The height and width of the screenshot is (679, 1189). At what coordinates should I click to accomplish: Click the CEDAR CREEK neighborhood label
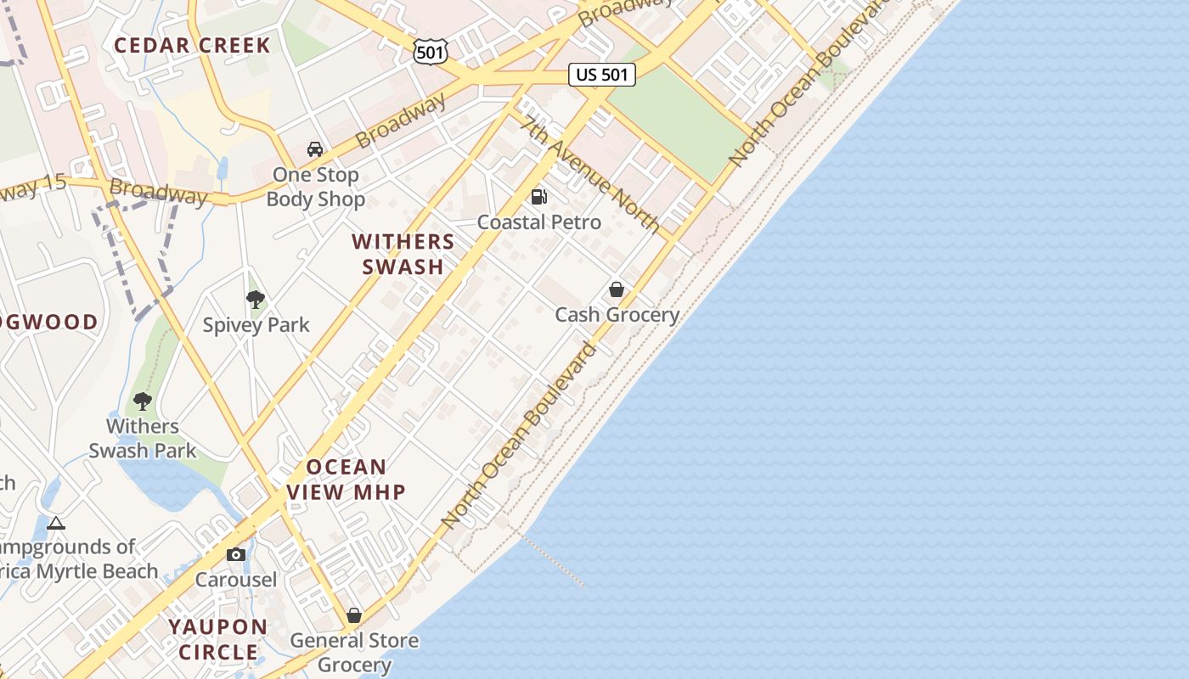pyautogui.click(x=193, y=46)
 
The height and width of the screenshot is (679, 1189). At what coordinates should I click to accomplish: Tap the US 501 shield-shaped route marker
pyautogui.click(x=430, y=52)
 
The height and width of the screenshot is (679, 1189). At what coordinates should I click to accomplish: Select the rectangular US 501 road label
pyautogui.click(x=601, y=75)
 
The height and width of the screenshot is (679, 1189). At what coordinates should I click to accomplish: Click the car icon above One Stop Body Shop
pyautogui.click(x=315, y=149)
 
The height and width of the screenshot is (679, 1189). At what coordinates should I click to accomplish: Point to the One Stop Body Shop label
pyautogui.click(x=316, y=188)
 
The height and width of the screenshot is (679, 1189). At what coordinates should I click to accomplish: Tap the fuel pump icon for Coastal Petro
pyautogui.click(x=538, y=197)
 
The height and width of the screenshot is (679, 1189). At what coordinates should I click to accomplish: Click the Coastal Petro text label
pyautogui.click(x=539, y=222)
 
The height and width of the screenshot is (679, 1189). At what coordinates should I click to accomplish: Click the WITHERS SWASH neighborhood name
pyautogui.click(x=403, y=255)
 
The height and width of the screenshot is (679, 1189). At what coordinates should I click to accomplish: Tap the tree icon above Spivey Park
pyautogui.click(x=255, y=299)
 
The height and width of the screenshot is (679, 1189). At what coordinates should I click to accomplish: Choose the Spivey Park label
pyautogui.click(x=256, y=325)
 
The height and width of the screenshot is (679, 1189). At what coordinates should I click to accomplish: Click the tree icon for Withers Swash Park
pyautogui.click(x=143, y=401)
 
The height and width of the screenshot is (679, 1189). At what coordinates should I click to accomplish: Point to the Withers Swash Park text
pyautogui.click(x=143, y=438)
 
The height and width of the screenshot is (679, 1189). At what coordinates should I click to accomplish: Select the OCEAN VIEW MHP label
pyautogui.click(x=347, y=480)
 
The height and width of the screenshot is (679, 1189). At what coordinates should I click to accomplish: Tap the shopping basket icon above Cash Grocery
pyautogui.click(x=617, y=290)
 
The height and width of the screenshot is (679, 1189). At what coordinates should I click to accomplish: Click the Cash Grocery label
pyautogui.click(x=617, y=315)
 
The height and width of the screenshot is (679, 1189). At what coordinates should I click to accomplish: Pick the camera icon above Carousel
pyautogui.click(x=236, y=555)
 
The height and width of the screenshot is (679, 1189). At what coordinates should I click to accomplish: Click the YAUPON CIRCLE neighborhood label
pyautogui.click(x=218, y=640)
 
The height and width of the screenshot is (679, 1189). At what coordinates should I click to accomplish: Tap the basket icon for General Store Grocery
pyautogui.click(x=354, y=615)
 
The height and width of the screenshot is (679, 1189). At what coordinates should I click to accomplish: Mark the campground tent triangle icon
pyautogui.click(x=56, y=524)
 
